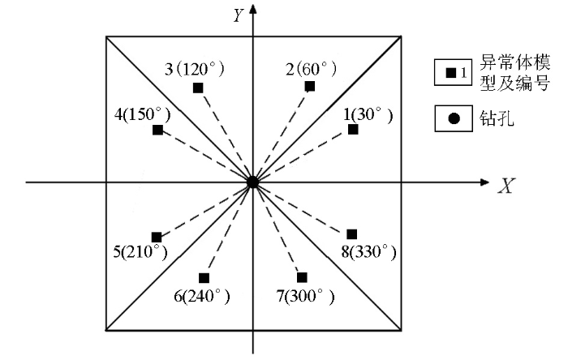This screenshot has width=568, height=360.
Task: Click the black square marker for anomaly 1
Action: [353, 129]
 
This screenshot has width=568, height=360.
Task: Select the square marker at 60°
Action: [310, 86]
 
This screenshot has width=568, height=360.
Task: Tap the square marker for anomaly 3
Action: [198, 88]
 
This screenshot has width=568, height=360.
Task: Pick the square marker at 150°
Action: [157, 130]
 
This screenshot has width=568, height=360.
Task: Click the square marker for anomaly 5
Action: [156, 238]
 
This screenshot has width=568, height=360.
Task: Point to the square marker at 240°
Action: [204, 278]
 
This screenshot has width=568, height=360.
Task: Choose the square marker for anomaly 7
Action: [302, 277]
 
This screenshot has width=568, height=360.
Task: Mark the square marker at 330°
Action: [351, 234]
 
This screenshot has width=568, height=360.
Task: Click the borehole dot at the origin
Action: [252, 182]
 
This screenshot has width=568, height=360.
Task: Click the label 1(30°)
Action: [368, 115]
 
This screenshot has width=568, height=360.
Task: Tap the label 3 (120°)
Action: [195, 69]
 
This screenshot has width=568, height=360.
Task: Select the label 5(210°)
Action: [140, 251]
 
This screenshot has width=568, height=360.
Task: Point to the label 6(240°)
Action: [202, 297]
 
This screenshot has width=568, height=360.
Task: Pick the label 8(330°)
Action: [368, 251]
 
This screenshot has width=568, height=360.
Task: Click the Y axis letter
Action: [238, 15]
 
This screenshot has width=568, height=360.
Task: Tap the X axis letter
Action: [506, 186]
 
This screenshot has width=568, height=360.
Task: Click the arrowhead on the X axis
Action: [484, 182]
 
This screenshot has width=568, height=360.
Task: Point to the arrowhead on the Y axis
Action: [253, 9]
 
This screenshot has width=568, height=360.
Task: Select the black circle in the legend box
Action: [454, 118]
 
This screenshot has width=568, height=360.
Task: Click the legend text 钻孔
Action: [497, 118]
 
